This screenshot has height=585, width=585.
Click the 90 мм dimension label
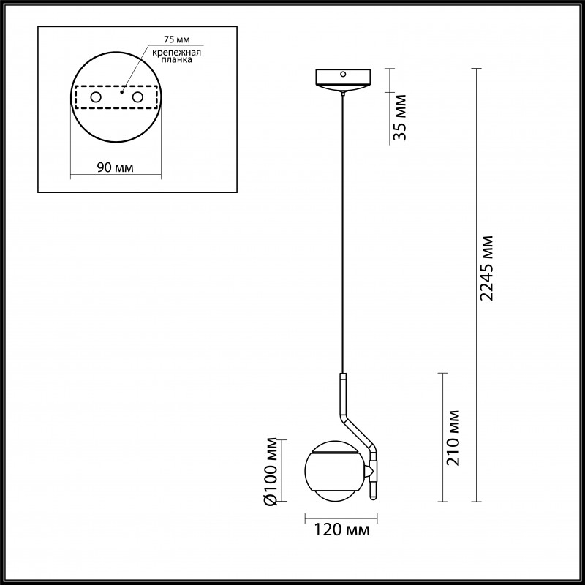pyautogui.click(x=115, y=167)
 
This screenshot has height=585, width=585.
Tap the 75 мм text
pyautogui.click(x=177, y=39)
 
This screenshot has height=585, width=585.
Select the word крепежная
pyautogui.click(x=176, y=52)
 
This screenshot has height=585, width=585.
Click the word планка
pyautogui.click(x=177, y=59)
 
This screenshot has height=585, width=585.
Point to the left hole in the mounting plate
pyautogui.click(x=96, y=97)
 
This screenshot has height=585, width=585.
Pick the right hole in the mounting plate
pyautogui.click(x=137, y=97)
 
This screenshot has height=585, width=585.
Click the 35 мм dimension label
pyautogui.click(x=401, y=118)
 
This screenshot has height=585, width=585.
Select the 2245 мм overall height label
pyautogui.click(x=487, y=268)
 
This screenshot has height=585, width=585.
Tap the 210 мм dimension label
pyautogui.click(x=453, y=437)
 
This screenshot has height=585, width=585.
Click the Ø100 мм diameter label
pyautogui.click(x=271, y=472)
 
